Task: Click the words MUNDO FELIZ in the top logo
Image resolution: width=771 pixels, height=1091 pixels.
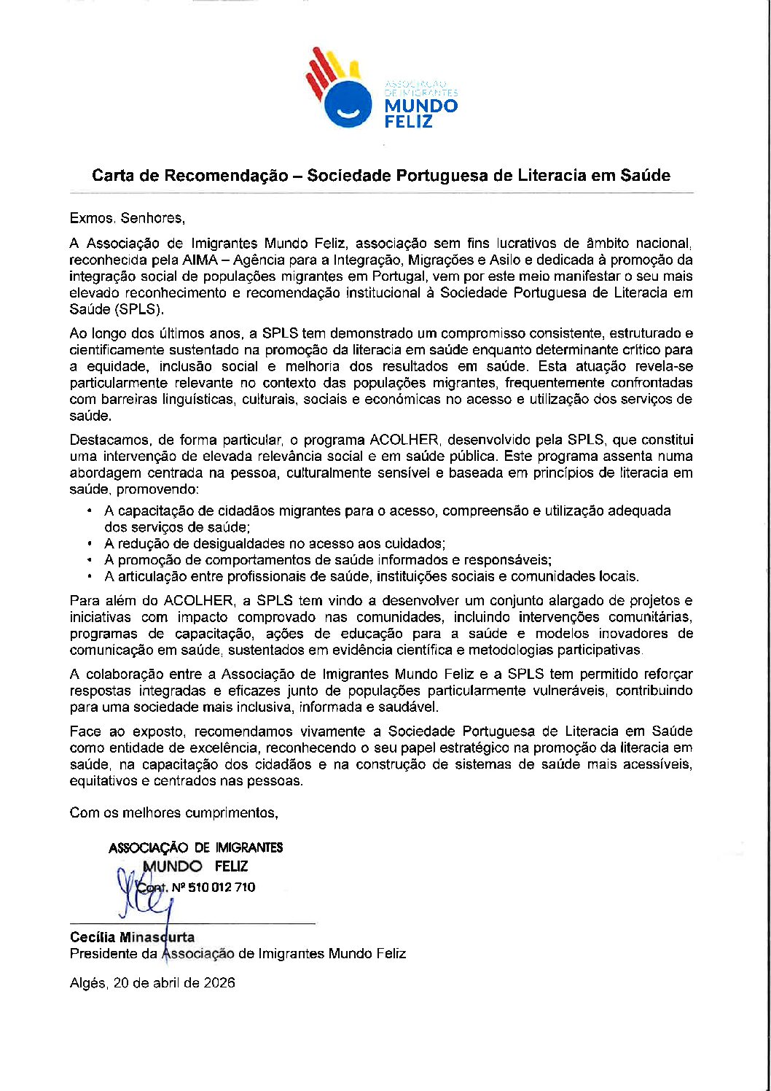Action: (x=420, y=113)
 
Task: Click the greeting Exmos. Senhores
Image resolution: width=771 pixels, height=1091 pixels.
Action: (x=128, y=218)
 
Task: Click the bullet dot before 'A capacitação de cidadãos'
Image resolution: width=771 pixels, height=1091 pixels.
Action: (x=89, y=511)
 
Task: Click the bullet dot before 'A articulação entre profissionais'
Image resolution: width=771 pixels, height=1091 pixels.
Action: (x=89, y=577)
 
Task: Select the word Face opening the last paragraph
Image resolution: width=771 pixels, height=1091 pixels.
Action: (x=85, y=731)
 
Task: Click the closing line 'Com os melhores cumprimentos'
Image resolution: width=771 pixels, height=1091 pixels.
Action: (x=173, y=813)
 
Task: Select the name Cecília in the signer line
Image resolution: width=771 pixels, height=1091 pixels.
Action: (x=93, y=937)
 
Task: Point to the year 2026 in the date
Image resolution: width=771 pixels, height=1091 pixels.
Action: (x=219, y=983)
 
